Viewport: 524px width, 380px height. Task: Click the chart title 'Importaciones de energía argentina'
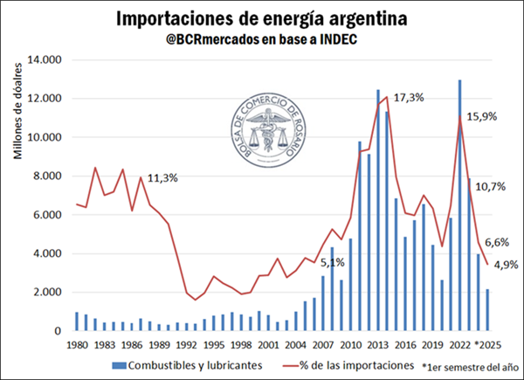[261, 18]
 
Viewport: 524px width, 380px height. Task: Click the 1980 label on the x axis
[78, 345]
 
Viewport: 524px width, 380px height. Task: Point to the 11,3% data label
[162, 178]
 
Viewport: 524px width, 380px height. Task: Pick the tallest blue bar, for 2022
[459, 205]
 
